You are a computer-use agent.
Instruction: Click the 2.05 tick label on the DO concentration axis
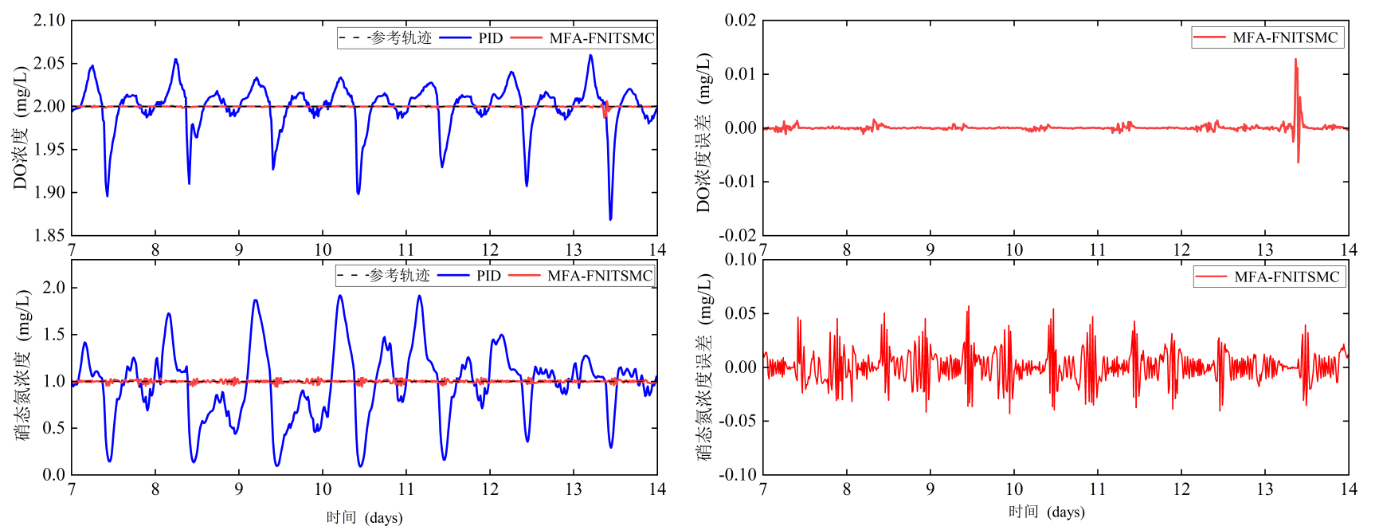click(x=49, y=64)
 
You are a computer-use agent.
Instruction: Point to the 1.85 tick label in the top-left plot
click(x=49, y=236)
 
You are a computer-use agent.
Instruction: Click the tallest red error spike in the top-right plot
click(x=1295, y=60)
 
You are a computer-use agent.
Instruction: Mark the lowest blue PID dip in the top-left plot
click(x=610, y=218)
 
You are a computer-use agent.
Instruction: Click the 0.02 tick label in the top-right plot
click(x=740, y=21)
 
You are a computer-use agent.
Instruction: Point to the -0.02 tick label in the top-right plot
click(x=738, y=236)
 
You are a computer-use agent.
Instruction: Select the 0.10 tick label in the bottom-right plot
click(x=740, y=260)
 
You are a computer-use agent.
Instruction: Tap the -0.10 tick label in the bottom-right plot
click(x=738, y=475)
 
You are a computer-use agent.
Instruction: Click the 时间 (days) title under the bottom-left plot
click(x=364, y=518)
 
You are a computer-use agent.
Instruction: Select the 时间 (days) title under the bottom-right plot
click(x=1046, y=512)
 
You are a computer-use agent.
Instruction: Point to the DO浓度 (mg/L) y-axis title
click(x=21, y=128)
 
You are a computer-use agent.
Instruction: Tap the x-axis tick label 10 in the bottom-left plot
click(x=323, y=489)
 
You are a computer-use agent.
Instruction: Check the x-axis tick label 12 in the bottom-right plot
click(x=1181, y=489)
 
